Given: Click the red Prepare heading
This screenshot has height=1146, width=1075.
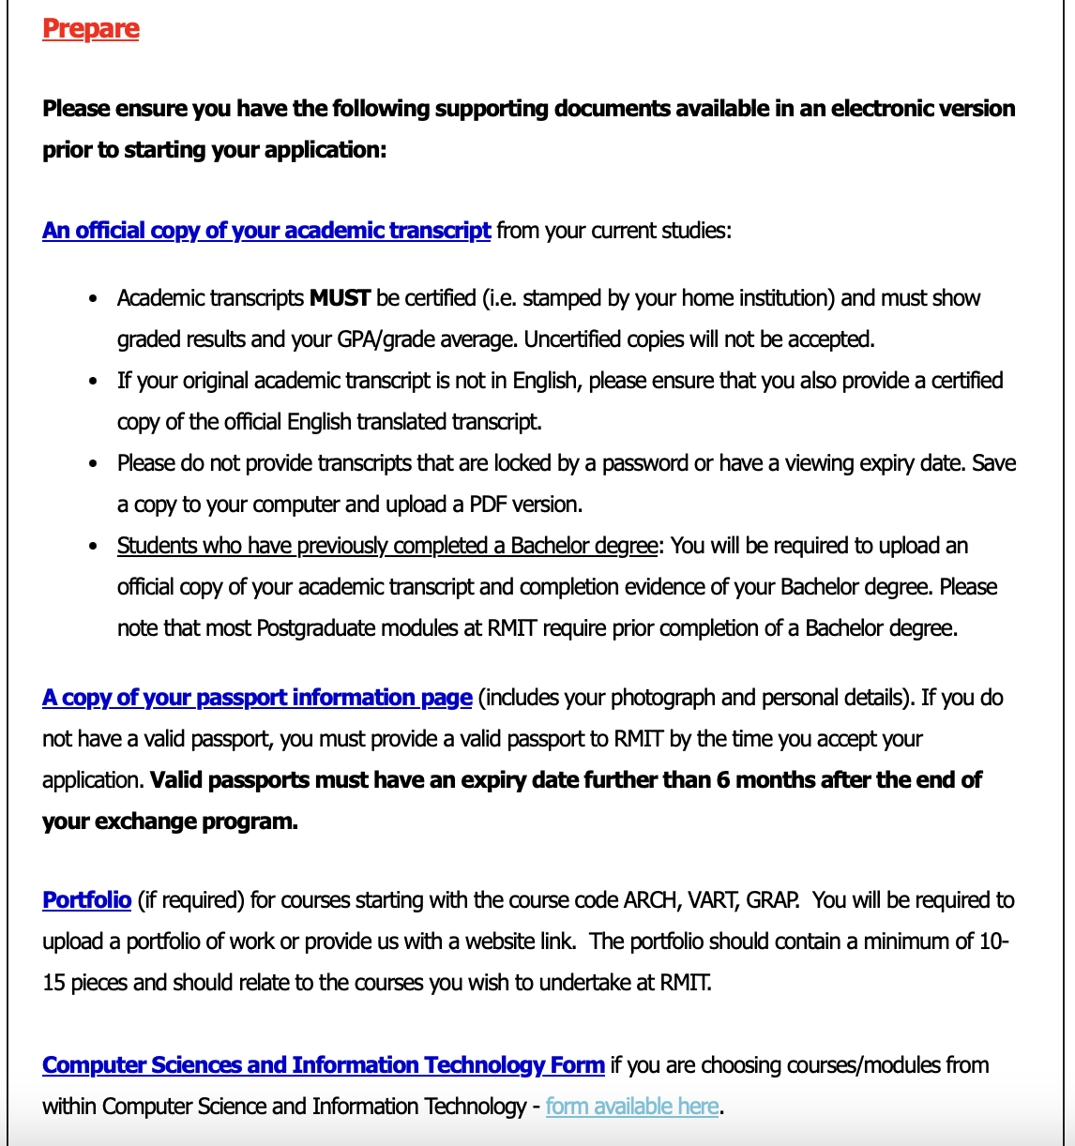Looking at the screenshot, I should coord(91,29).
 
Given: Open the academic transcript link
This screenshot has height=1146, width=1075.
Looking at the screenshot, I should coord(266,231).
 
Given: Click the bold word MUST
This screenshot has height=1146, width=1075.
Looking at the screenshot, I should coord(341,298).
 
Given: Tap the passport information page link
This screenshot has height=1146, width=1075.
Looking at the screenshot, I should coord(257,698).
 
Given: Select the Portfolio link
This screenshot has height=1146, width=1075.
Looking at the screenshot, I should coord(86,900).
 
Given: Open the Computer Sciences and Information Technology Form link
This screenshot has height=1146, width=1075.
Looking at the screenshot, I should coord(324,1065).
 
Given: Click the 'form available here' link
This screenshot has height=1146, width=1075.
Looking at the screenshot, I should coord(632,1107).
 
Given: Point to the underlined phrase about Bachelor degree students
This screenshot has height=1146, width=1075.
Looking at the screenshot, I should coord(386,546).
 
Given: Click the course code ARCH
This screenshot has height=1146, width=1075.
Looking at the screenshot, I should coord(651,900).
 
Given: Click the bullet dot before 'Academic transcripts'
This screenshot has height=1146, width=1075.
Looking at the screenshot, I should coord(93,299).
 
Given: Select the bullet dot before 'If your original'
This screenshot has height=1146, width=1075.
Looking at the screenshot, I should coord(93,382).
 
